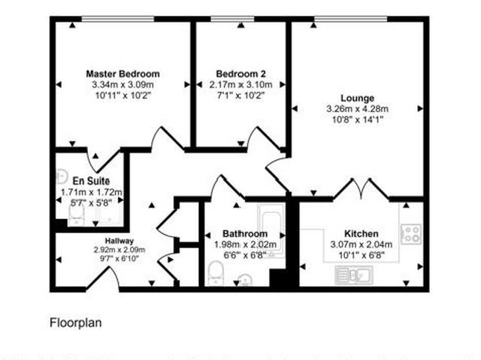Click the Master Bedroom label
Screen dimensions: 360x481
pos(123,74)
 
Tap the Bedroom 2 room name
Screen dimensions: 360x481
pos(240,74)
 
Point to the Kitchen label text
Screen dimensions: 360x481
pos(361,234)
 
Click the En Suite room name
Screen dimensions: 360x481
pos(92,181)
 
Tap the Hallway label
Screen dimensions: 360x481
pos(119,241)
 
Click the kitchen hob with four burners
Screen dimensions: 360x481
pos(411,233)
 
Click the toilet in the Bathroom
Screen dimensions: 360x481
pos(214,276)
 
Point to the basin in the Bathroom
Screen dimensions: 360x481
pos(245,280)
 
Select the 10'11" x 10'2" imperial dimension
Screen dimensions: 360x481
pos(123,95)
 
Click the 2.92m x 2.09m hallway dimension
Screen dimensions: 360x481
pos(119,250)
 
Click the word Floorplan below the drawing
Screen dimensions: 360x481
pos(75,323)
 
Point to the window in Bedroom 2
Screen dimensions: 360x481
pos(241,20)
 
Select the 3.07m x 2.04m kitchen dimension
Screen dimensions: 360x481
pos(361,244)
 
